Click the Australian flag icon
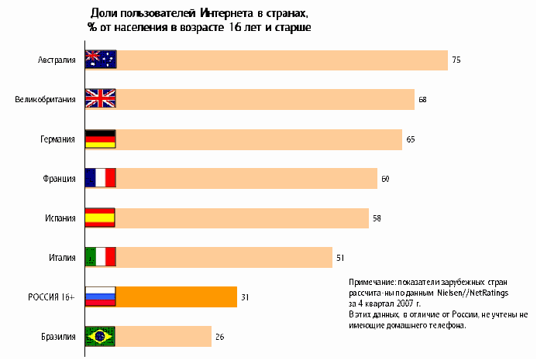(x=100, y=60)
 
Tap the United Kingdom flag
(x=100, y=99)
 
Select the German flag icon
(x=100, y=139)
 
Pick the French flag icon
(x=100, y=178)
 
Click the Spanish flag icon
(x=100, y=218)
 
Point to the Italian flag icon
(x=100, y=257)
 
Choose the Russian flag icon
(x=100, y=297)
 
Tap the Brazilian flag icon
(x=100, y=336)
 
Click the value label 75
(x=456, y=60)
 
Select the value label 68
(x=422, y=99)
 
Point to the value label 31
(x=245, y=297)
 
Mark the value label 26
(x=219, y=336)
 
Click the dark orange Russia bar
(x=176, y=297)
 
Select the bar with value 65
(x=259, y=139)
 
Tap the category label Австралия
(x=57, y=60)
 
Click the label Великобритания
(x=46, y=99)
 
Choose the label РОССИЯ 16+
(x=52, y=297)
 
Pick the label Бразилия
(x=57, y=336)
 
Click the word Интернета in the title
(x=230, y=14)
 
